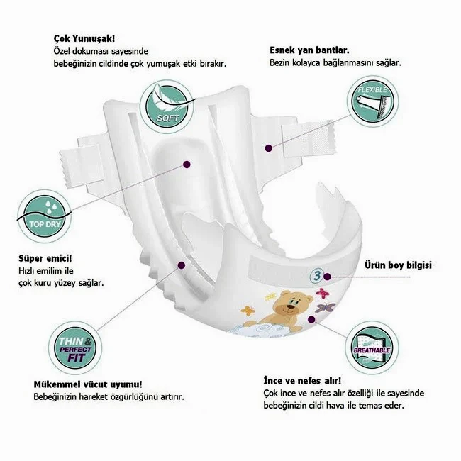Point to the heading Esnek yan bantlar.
tap(309, 50)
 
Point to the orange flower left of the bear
tap(248, 309)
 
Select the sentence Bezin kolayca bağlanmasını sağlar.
tap(335, 62)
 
